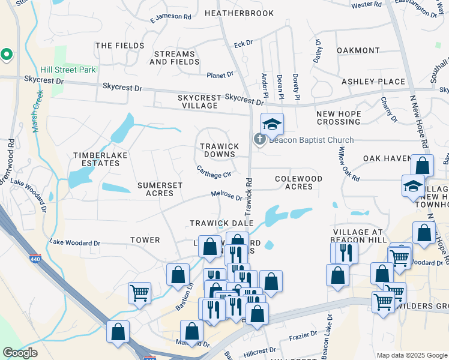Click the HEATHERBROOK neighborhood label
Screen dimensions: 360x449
point(239,13)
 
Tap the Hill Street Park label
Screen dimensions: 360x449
point(68,70)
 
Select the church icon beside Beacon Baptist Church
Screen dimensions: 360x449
point(259,140)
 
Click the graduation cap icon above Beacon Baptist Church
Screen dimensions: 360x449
point(272,124)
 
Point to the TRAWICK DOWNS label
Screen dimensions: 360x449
point(218,150)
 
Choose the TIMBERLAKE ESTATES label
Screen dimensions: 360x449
point(96,159)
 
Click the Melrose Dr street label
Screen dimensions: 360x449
point(226,196)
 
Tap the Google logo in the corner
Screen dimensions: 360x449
point(20,353)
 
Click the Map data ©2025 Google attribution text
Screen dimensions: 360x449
point(412,355)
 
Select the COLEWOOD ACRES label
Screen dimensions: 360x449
point(298,182)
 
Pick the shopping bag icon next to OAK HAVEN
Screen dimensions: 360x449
point(422,166)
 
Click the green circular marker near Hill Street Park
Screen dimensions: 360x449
point(7,55)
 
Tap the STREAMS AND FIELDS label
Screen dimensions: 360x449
point(175,58)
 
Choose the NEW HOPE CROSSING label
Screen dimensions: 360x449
point(339,118)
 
